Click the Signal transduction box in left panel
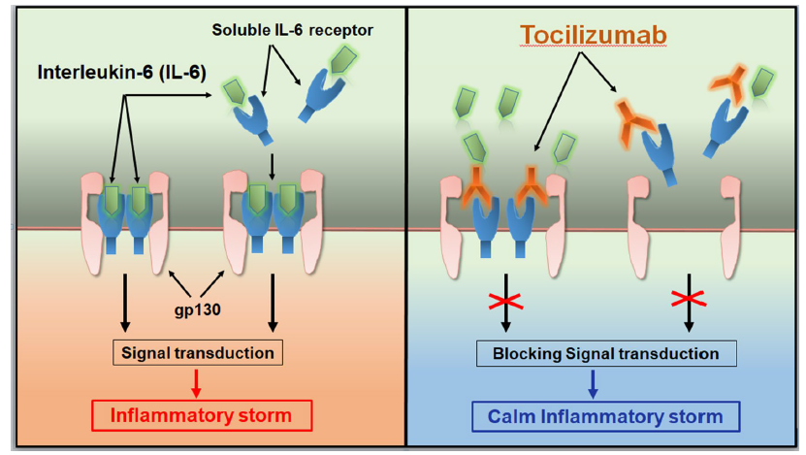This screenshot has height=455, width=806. pyautogui.click(x=199, y=353)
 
